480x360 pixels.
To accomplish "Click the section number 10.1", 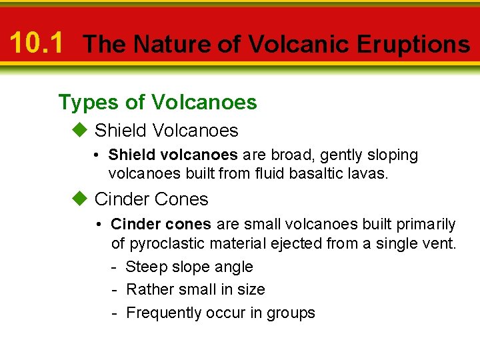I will point(37,43).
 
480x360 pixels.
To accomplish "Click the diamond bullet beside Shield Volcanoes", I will point(80,129).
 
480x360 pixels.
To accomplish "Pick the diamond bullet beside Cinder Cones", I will point(80,199).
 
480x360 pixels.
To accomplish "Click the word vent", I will point(441,244).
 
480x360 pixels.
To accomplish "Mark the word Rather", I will point(148,289).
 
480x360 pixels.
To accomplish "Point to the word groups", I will point(291,313).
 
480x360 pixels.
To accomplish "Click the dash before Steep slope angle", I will point(115,267).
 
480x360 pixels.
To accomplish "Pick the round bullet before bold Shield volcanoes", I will point(97,155).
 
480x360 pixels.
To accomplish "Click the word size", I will point(250,289).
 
